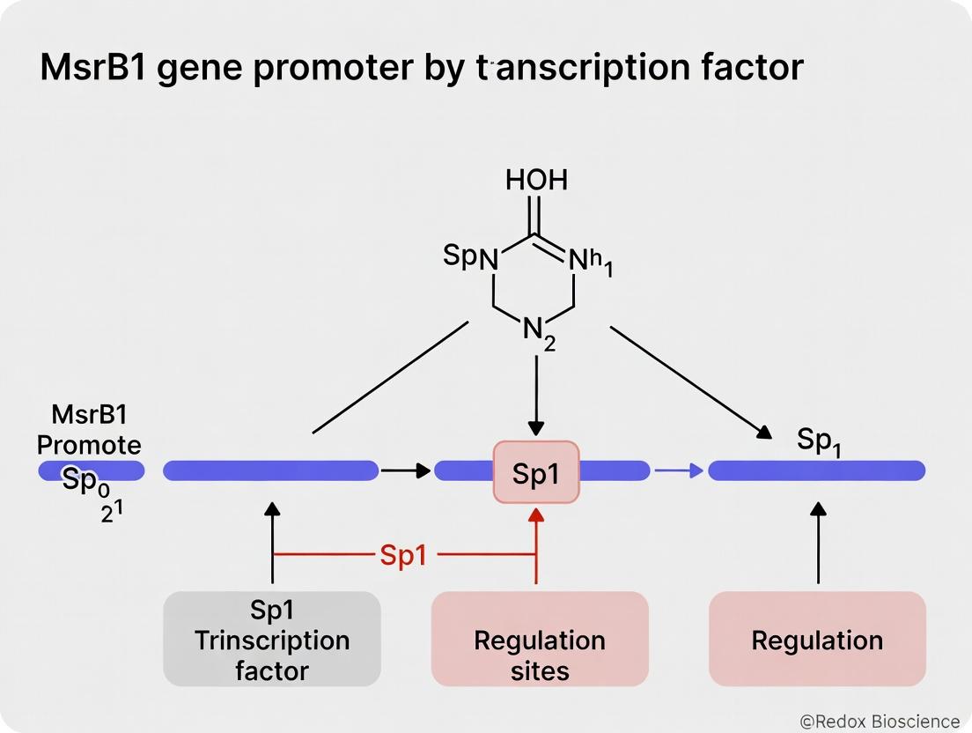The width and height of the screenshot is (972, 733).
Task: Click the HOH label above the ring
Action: [536, 181]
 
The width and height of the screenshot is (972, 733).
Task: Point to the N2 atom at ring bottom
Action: [539, 334]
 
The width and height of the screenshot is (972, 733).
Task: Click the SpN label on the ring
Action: [470, 257]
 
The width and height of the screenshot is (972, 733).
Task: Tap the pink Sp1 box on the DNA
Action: [536, 472]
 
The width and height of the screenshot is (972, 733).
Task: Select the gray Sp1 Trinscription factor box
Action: [272, 639]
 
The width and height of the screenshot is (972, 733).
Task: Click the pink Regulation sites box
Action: [539, 639]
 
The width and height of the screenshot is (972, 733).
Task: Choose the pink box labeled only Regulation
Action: [817, 639]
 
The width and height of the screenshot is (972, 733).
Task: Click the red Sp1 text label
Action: [402, 556]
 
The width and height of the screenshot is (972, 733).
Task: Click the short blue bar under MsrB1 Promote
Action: [91, 471]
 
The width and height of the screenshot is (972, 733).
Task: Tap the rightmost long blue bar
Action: [817, 471]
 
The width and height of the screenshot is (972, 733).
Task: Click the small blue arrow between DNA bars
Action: [679, 471]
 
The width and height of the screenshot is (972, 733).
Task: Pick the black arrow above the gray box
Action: [272, 542]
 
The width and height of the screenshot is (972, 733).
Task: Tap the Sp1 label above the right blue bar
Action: [819, 440]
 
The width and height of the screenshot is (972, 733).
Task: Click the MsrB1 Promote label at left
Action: [88, 429]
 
